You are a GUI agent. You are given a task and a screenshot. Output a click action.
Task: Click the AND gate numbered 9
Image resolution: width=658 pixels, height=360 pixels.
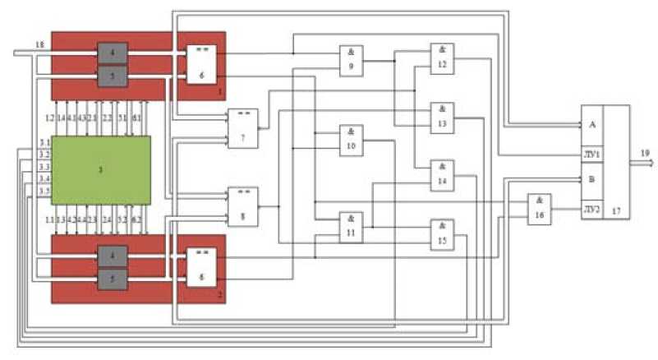point(351,60)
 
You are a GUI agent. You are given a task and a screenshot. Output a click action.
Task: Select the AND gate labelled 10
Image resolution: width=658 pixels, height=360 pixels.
point(351,140)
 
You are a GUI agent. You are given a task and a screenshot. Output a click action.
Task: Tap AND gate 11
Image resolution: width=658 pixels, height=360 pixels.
point(351,225)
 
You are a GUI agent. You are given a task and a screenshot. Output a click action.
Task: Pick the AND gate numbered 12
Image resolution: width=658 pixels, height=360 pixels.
point(443,57)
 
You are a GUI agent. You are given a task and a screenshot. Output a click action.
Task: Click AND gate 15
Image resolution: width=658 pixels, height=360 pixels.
point(443,233)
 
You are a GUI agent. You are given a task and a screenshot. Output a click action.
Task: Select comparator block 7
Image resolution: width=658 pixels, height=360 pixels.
point(242,127)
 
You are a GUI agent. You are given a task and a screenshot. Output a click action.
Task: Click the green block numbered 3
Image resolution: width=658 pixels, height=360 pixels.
point(101,170)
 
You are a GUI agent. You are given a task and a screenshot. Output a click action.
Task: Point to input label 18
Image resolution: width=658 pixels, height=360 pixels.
point(39,44)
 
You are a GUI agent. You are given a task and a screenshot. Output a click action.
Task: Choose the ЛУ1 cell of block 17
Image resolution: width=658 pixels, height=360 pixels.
point(592,153)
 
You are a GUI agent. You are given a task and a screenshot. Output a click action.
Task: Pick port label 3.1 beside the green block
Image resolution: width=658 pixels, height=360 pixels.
point(44,142)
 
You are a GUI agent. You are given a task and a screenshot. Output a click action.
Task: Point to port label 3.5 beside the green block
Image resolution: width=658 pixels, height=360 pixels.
point(44,192)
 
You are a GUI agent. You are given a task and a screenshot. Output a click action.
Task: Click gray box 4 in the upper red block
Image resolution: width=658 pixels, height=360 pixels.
point(113,53)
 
